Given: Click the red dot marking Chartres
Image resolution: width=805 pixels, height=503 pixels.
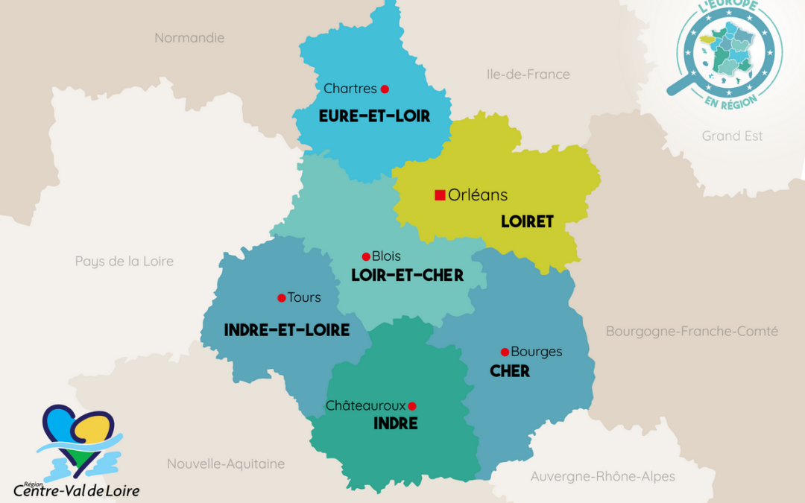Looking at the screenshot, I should coord(385,89).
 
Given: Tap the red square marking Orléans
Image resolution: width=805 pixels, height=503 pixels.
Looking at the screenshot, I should coord(440,195).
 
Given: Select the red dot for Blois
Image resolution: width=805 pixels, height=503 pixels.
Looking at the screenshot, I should coord(366,256).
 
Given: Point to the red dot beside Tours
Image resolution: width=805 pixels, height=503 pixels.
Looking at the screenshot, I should coord(281,298).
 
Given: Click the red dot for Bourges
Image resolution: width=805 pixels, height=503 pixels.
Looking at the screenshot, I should coord(505,352).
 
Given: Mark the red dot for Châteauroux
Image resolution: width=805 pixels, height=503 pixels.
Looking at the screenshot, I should coord(412,406).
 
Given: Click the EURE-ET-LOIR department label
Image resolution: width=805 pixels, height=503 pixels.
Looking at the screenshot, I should coord(374,116).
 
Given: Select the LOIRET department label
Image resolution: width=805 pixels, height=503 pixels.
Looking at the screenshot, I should coord(527,221).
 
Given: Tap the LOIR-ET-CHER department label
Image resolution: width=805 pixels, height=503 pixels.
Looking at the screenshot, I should coord(407,276).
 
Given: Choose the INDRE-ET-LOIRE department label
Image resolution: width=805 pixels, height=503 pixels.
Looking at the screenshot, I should coord(286,330).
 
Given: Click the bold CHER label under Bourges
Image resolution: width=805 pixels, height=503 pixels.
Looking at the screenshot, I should coord(510,371).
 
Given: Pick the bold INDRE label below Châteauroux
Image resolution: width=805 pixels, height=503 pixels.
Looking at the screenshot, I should coord(395,424).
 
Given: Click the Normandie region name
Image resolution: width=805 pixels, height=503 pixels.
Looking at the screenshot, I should coord(189,37).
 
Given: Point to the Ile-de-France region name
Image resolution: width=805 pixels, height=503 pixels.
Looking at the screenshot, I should coord(528,75).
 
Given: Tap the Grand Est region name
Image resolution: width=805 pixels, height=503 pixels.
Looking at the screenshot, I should coord(732,136).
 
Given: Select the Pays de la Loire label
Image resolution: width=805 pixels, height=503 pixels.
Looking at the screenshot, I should coord(124,261).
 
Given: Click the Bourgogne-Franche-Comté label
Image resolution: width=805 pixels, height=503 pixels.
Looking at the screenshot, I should coord(692,331).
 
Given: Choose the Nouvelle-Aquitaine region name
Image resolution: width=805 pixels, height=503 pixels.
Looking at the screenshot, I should coord(225,464).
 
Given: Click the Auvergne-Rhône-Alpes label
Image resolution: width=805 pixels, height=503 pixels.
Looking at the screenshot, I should coord(602,476).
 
